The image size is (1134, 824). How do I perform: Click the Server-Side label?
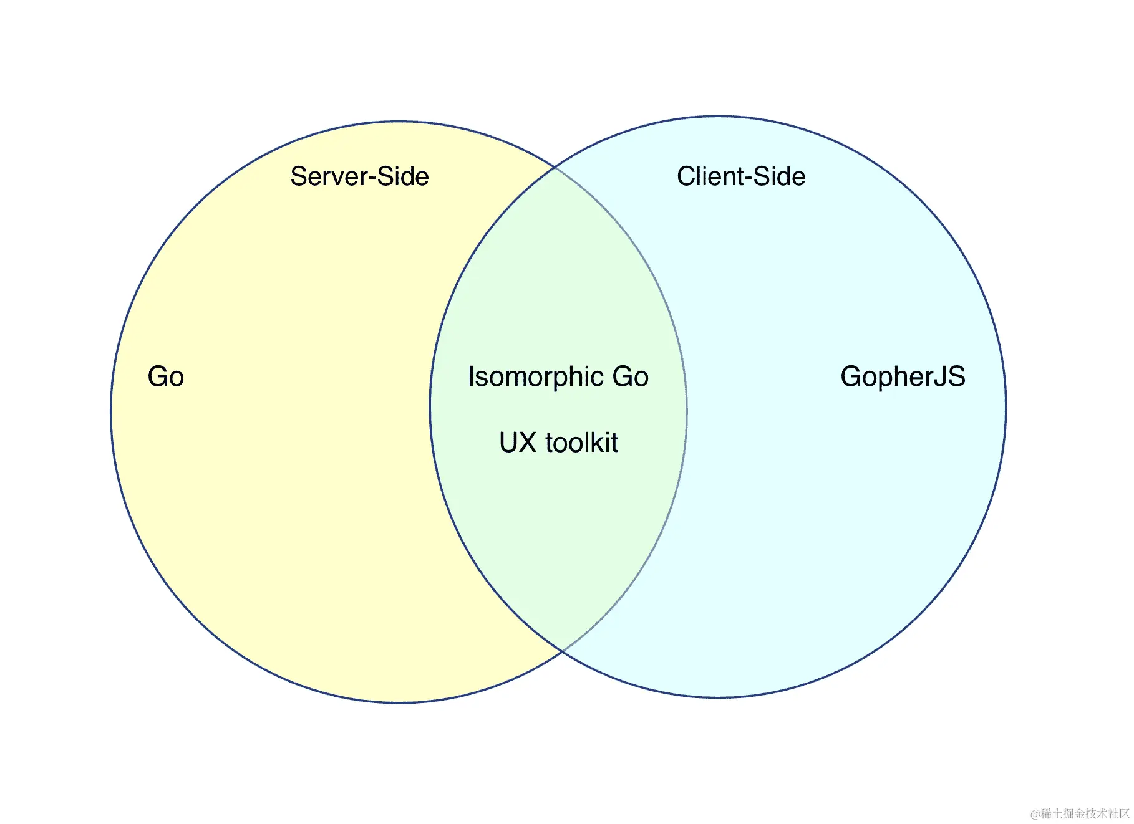click(x=359, y=176)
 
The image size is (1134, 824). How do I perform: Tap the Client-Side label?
click(x=741, y=176)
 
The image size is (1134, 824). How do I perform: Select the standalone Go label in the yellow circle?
click(x=166, y=376)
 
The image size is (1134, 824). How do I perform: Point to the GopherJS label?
click(x=903, y=376)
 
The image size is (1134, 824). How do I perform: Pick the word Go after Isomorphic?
click(x=631, y=376)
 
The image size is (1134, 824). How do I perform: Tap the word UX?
click(x=518, y=443)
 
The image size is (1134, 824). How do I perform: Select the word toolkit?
click(x=581, y=443)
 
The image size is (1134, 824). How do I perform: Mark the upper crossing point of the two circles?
click(x=555, y=167)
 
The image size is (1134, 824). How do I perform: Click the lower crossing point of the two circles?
click(x=563, y=651)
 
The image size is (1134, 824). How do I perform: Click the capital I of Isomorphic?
click(x=472, y=376)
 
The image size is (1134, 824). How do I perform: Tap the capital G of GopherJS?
click(x=851, y=376)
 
